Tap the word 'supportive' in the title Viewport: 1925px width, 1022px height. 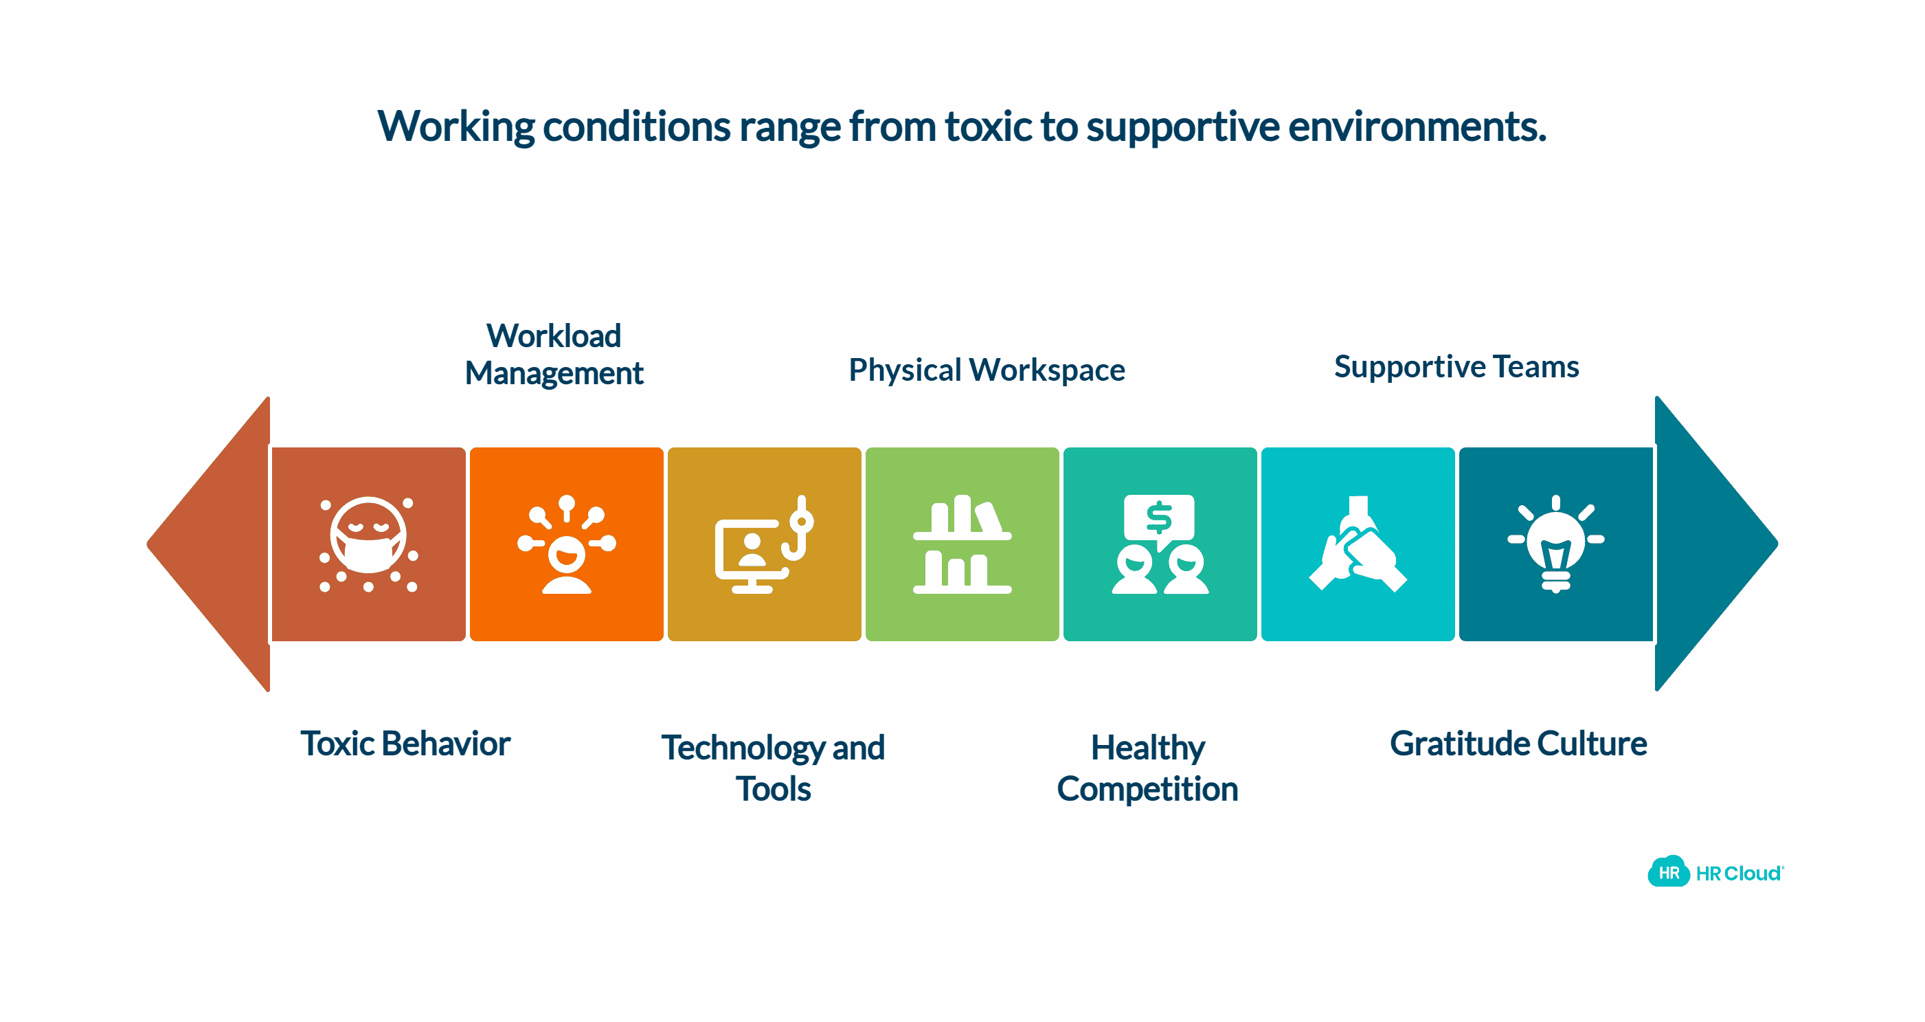point(1182,126)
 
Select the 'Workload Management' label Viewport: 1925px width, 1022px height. point(554,355)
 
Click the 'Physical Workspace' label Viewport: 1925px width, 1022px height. point(987,370)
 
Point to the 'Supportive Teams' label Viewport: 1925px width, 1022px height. point(1456,366)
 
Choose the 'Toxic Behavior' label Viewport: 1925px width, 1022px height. point(405,743)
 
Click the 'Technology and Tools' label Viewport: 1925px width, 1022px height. point(773,767)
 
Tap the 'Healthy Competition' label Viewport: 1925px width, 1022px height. point(1147,767)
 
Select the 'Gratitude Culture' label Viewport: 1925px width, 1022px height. point(1518,743)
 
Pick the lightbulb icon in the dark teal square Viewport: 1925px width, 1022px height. point(1555,544)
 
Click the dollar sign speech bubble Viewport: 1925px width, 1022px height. point(1159,518)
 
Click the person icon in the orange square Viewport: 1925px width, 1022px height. point(567,561)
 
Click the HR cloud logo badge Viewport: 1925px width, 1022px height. point(1668,871)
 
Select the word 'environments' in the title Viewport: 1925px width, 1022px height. point(1416,126)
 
